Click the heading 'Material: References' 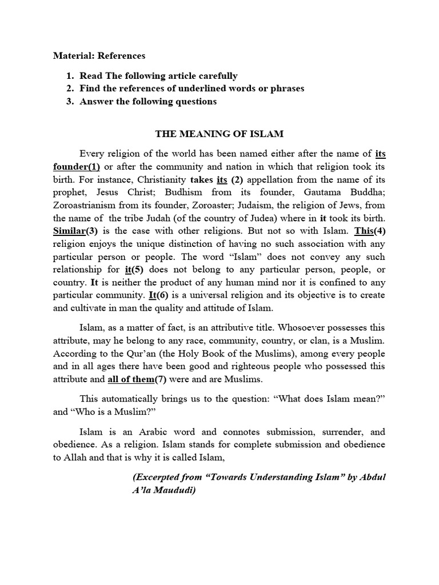99,56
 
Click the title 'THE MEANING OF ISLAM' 219,134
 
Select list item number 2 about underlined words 191,89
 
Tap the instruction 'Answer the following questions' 148,102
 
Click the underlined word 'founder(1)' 77,166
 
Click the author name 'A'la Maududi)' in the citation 163,490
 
